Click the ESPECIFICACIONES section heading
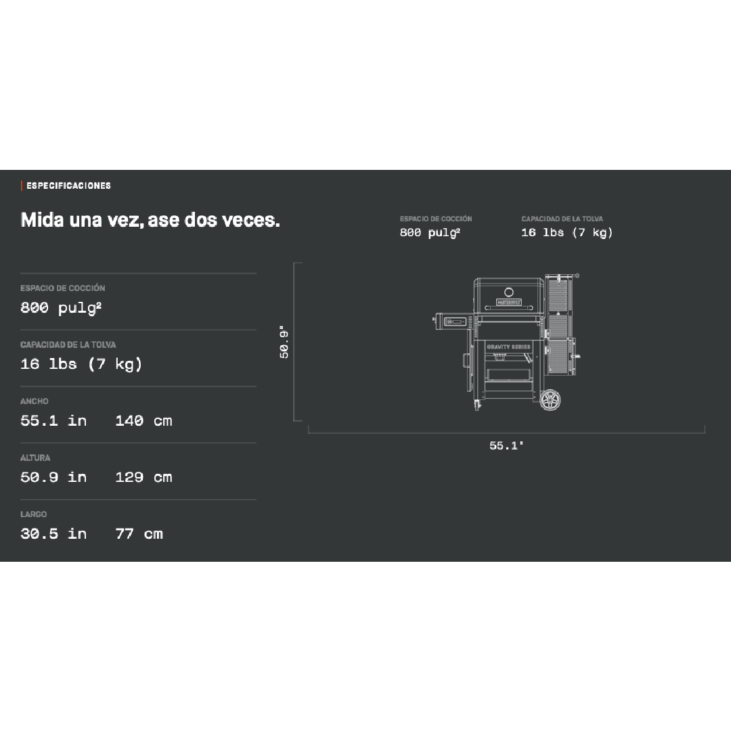click(x=68, y=185)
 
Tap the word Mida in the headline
click(x=43, y=220)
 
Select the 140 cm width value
click(x=143, y=420)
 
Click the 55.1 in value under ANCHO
click(x=53, y=420)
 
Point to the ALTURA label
click(x=35, y=458)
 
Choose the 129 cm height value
click(x=143, y=477)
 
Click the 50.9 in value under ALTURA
click(x=53, y=477)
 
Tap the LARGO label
click(x=34, y=514)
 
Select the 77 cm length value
click(x=139, y=533)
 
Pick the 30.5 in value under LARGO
click(x=53, y=533)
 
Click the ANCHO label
click(x=35, y=401)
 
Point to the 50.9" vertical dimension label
click(x=285, y=342)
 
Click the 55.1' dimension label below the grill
click(x=507, y=445)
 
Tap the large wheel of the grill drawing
click(x=551, y=399)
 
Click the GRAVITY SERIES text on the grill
click(x=508, y=347)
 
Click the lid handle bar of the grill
click(x=508, y=317)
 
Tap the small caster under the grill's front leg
click(x=477, y=405)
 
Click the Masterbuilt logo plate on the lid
click(x=508, y=303)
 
